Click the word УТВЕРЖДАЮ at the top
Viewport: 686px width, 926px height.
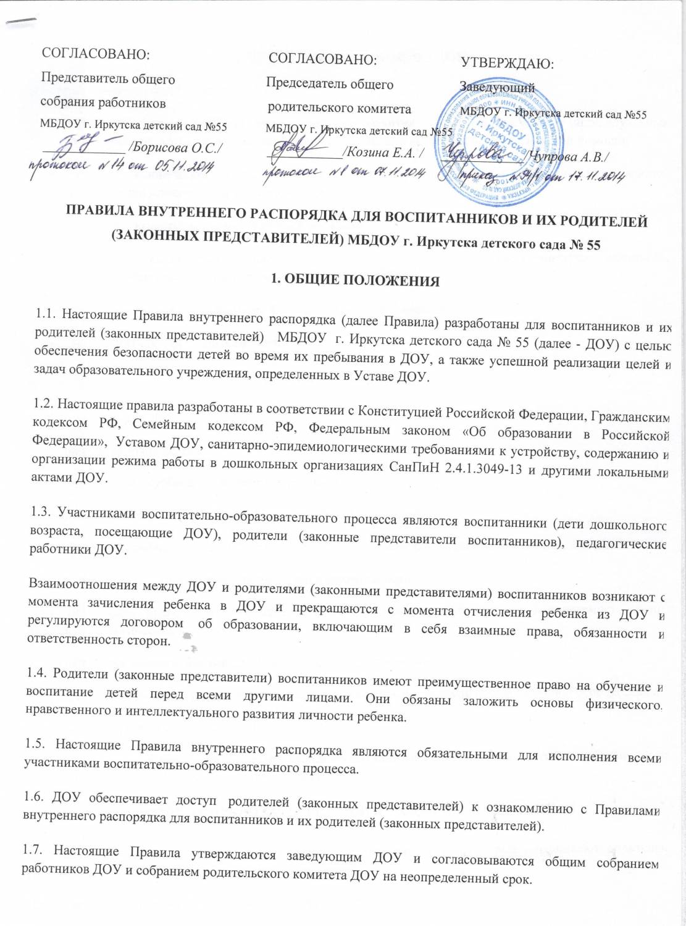tap(507, 64)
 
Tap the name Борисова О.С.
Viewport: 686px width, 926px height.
tap(177, 147)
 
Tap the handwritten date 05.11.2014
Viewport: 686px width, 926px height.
tap(185, 166)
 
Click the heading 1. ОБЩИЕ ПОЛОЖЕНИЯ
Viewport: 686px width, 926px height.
tap(356, 280)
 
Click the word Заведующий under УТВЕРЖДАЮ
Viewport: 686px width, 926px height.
tap(497, 88)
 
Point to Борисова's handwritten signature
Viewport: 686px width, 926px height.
tap(80, 147)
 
